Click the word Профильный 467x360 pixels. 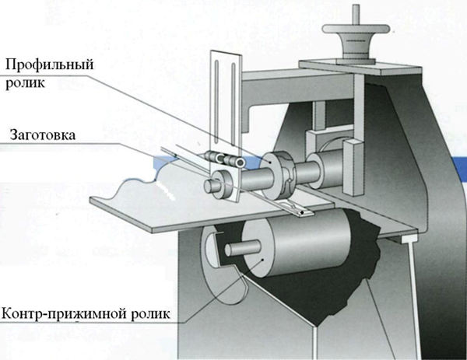tap(47, 65)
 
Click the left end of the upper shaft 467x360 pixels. tap(212, 187)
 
